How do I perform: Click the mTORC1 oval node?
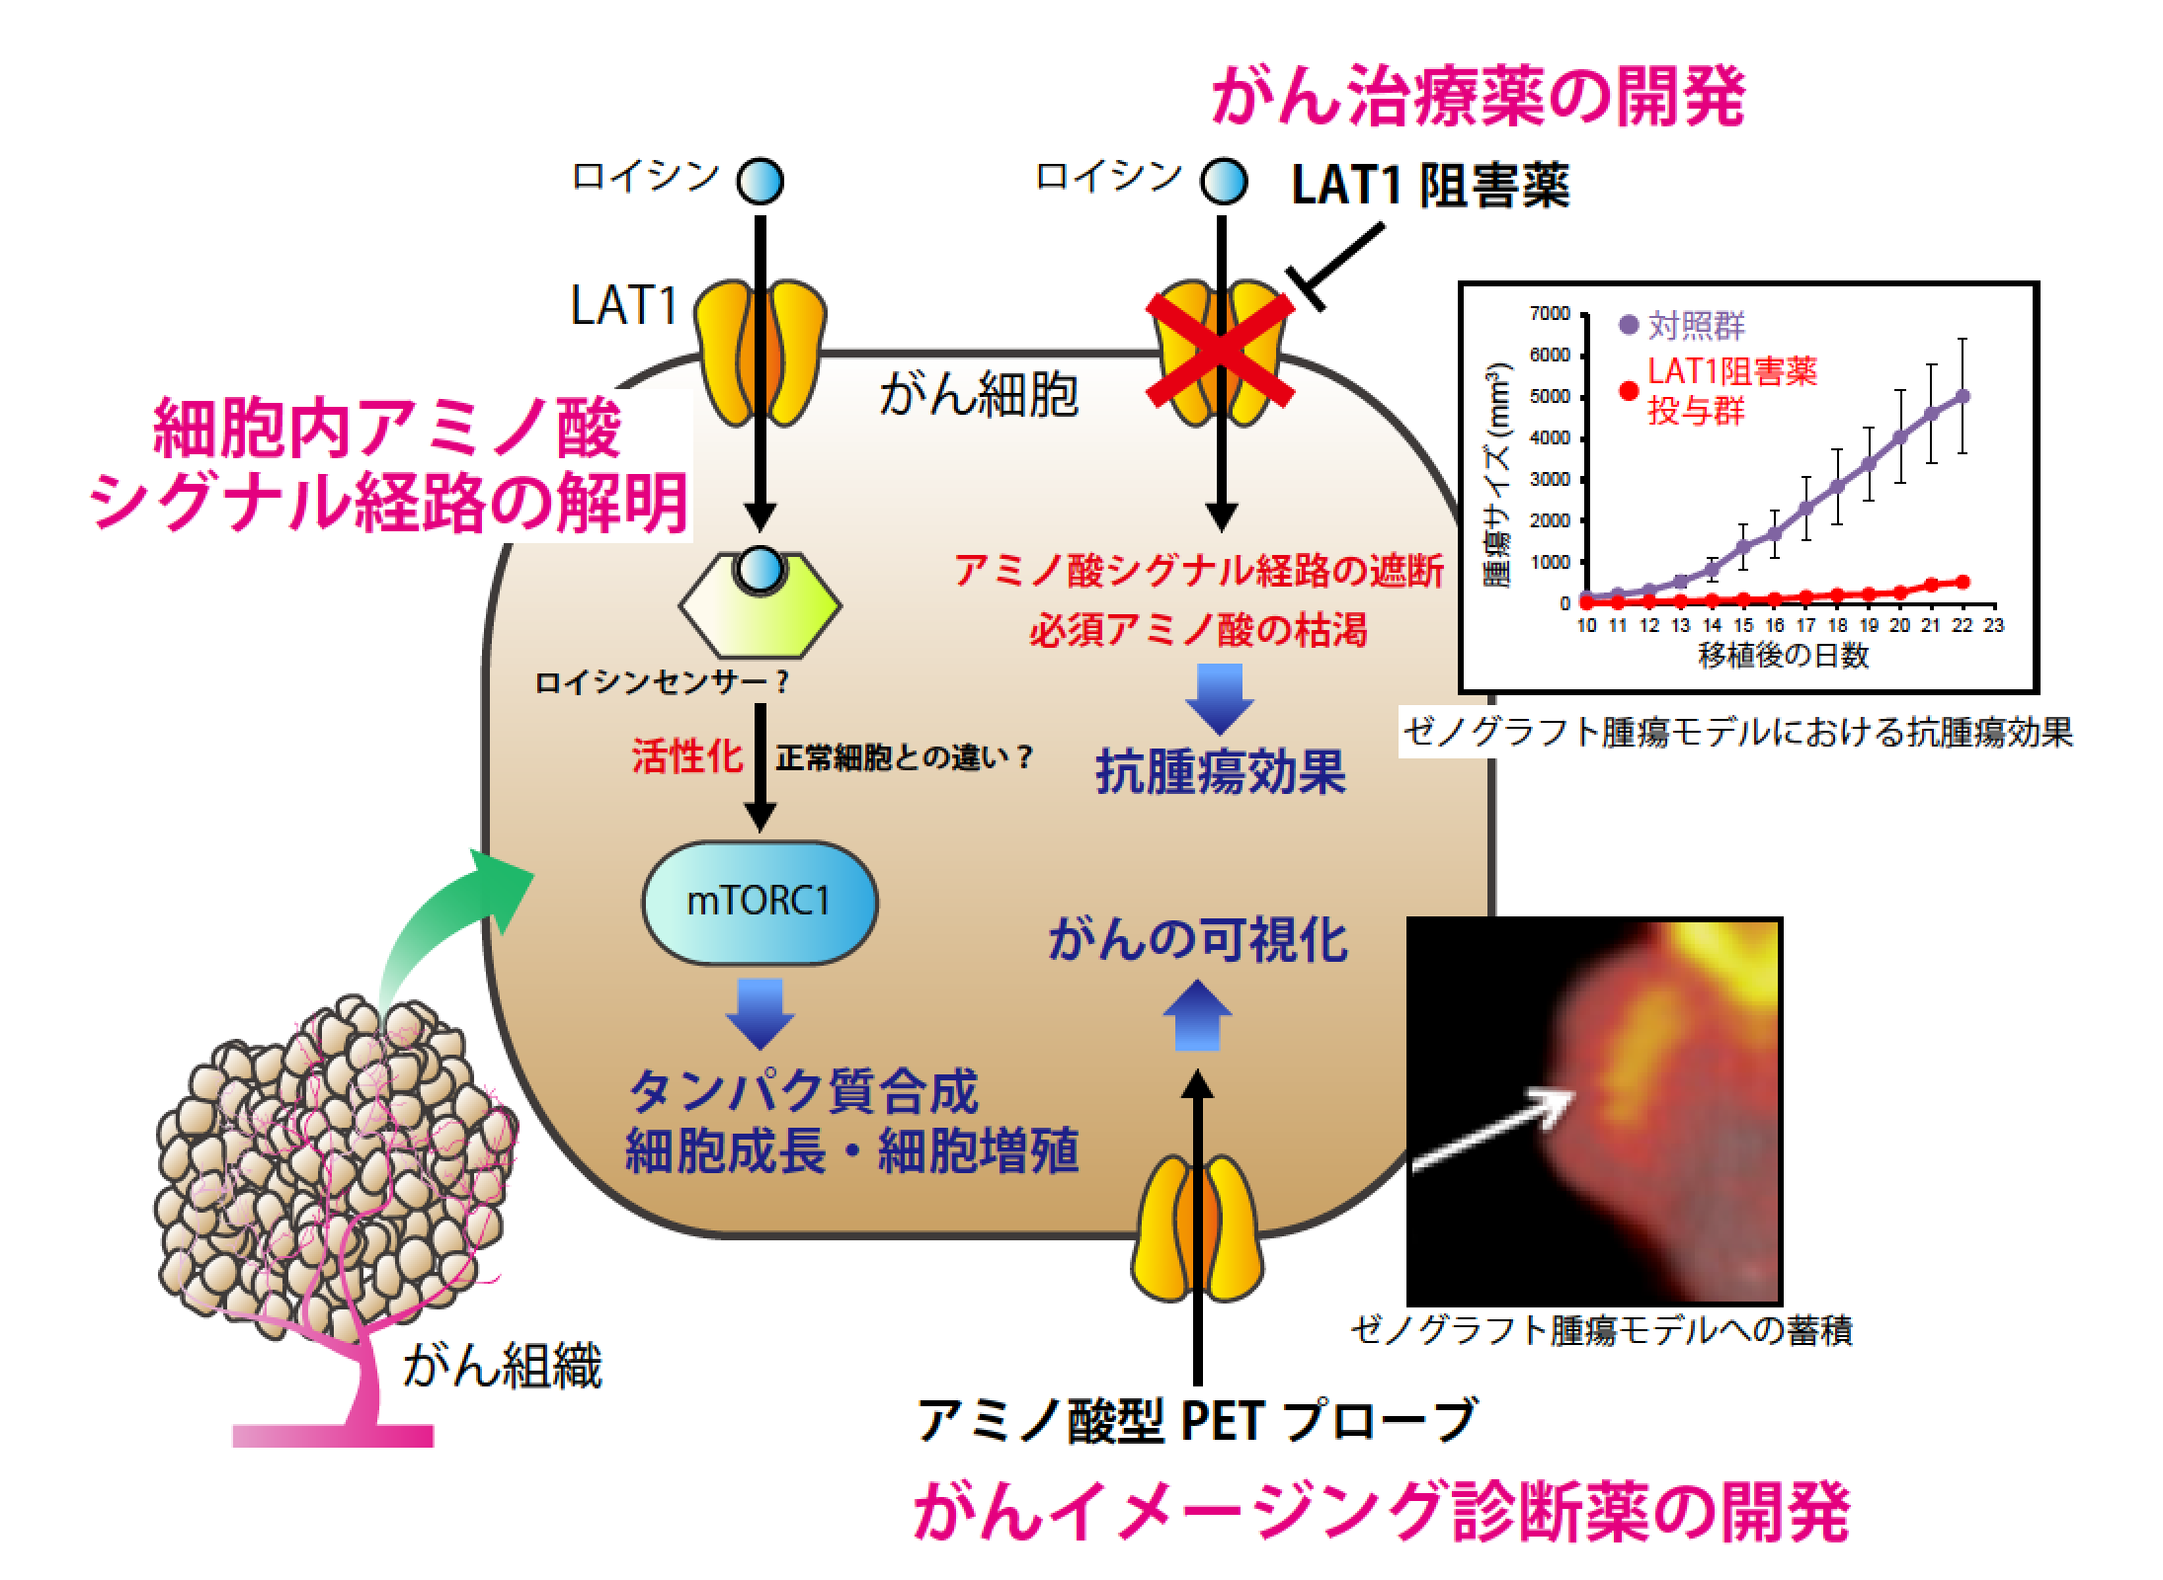(x=759, y=902)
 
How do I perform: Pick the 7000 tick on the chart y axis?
(x=1550, y=314)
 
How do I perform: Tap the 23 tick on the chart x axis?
(x=1994, y=625)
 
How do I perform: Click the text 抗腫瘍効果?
(x=1221, y=772)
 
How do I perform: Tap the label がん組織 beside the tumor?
(x=502, y=1368)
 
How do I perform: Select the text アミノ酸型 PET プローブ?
(x=1197, y=1421)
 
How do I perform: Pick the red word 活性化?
(x=686, y=757)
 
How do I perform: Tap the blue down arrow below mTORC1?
(x=760, y=1012)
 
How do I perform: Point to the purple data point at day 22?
(x=1963, y=396)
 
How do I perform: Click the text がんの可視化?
(x=1197, y=940)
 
